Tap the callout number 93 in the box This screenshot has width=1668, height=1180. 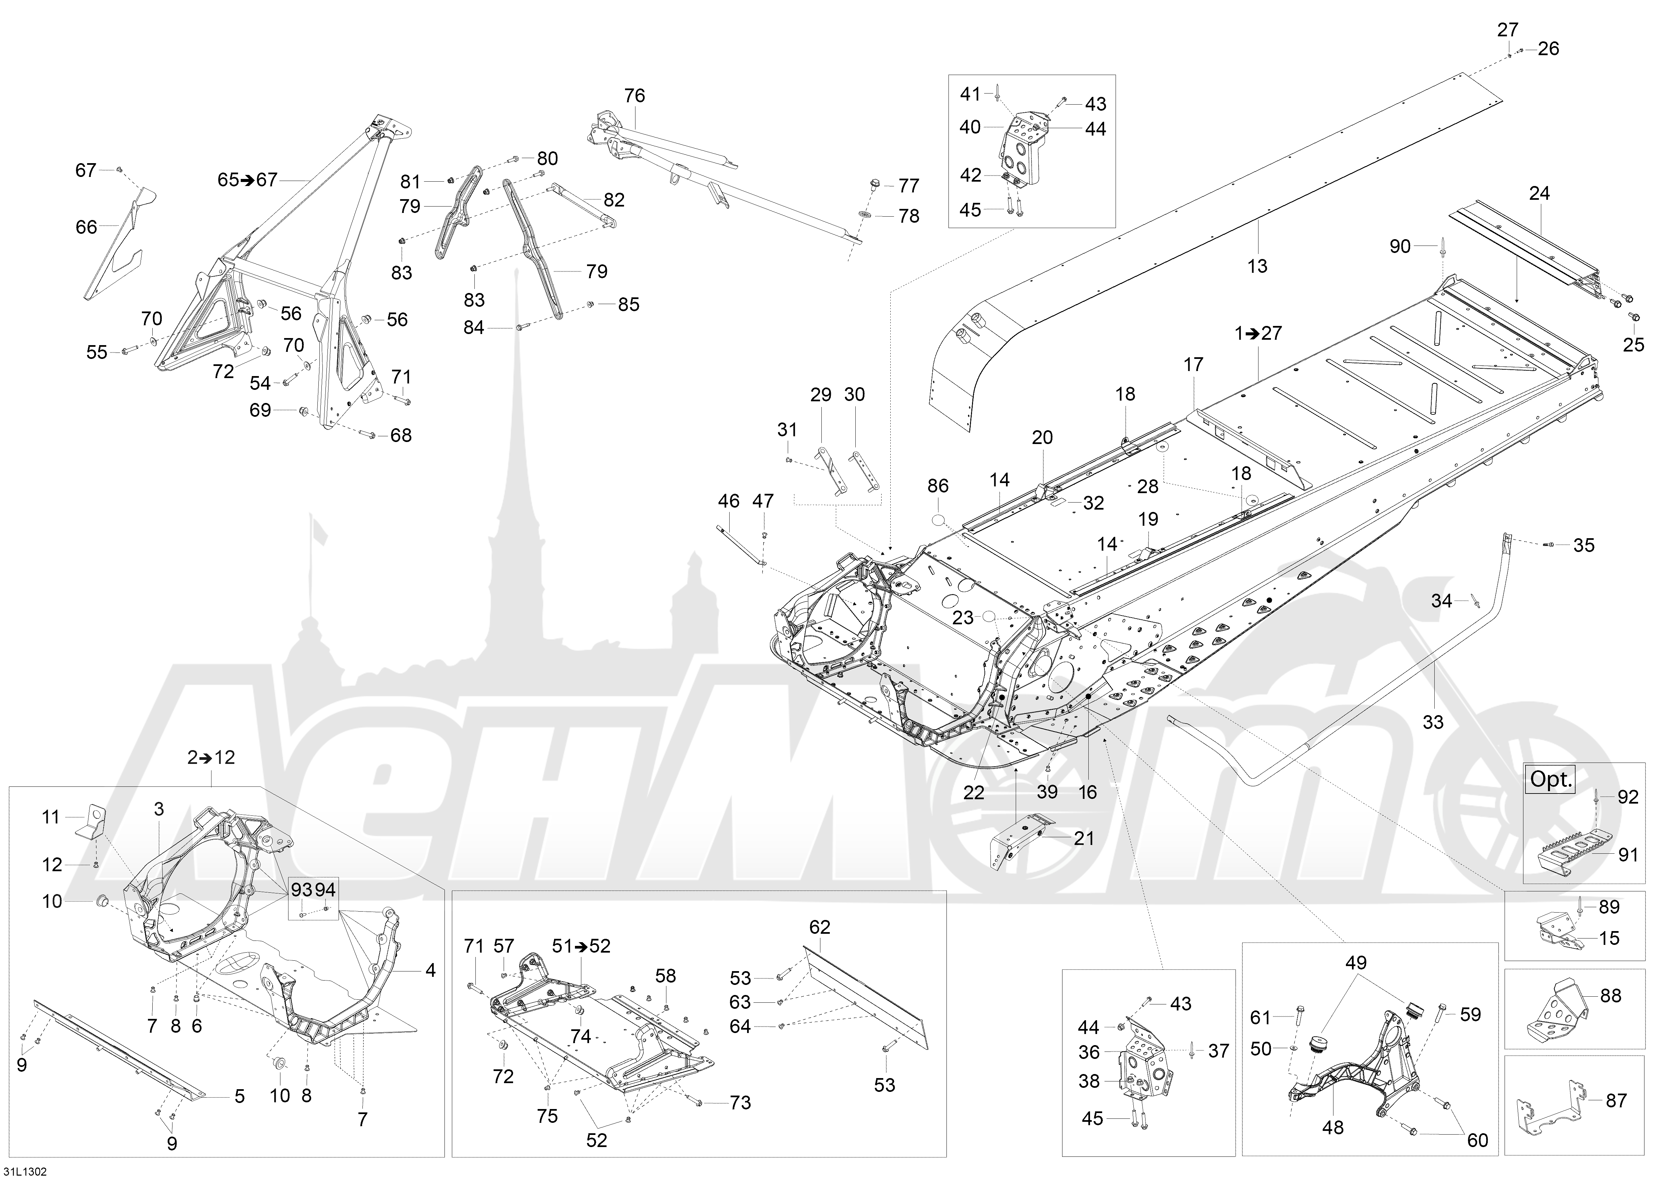click(x=301, y=889)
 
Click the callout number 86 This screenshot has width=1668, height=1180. click(x=938, y=486)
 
